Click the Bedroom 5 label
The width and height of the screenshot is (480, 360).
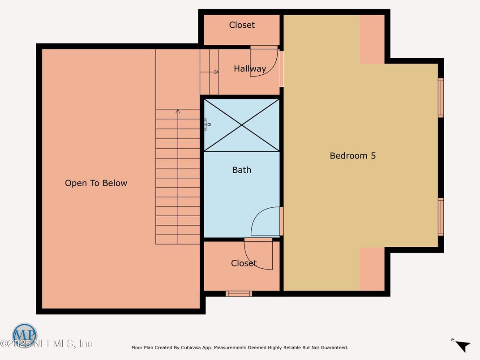352,156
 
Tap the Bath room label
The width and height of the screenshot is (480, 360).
241,170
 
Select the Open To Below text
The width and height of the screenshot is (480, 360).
96,183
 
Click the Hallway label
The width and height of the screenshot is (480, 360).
249,69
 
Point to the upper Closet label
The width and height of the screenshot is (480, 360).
242,25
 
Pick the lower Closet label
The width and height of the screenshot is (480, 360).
244,263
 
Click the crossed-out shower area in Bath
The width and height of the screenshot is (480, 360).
242,125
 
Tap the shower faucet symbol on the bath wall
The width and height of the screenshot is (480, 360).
206,124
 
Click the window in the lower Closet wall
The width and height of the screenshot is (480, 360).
239,294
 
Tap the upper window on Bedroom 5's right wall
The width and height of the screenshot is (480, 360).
441,98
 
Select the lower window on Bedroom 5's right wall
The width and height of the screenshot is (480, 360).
441,217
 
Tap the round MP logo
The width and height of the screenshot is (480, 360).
25,335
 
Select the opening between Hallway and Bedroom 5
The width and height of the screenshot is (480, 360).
282,69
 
